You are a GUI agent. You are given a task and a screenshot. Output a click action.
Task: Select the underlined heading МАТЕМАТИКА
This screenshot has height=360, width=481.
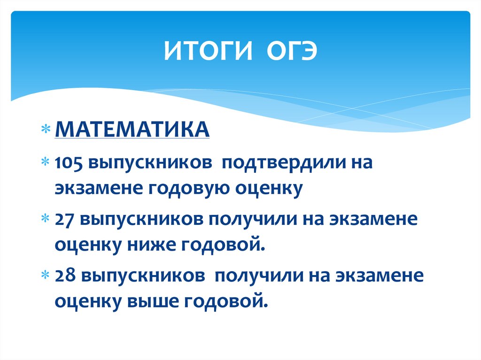(132, 129)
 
